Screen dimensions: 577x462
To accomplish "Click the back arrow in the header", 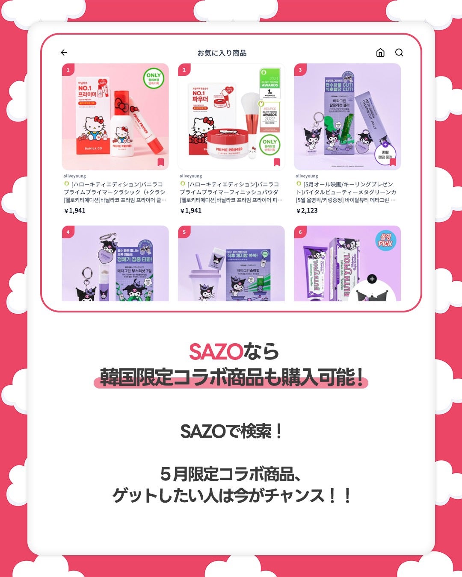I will tap(64, 53).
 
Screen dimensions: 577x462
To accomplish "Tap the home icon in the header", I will tap(380, 53).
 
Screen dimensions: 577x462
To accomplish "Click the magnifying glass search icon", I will tap(399, 53).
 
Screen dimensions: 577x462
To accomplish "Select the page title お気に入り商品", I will tap(222, 53).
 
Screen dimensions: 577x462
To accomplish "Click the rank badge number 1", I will tap(68, 70).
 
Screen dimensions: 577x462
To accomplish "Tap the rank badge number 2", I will tap(184, 70).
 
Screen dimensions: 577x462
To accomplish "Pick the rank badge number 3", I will tap(300, 70).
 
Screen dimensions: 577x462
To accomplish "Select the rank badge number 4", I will tap(68, 232).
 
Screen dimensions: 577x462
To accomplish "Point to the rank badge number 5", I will tap(184, 232).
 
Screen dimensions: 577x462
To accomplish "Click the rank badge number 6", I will tap(300, 232).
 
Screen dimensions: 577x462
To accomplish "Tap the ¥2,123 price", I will tap(307, 210).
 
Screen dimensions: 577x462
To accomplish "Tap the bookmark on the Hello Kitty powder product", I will tap(277, 162).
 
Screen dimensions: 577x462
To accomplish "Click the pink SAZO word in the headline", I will tap(216, 352).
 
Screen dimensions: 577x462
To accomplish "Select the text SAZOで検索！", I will tap(231, 431).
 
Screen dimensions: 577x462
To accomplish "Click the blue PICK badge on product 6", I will tap(385, 241).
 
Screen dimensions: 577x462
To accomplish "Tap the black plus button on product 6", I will tap(372, 279).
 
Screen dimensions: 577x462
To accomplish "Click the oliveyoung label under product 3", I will tap(307, 176).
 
